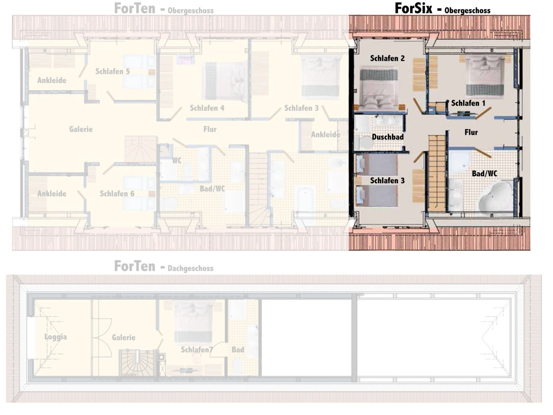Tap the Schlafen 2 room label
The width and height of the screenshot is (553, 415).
click(x=387, y=59)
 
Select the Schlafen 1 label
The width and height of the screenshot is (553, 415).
click(x=468, y=103)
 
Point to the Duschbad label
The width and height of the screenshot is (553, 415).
click(x=388, y=137)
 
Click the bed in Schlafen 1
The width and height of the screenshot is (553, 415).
click(x=485, y=75)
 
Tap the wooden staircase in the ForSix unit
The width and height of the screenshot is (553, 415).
click(x=437, y=173)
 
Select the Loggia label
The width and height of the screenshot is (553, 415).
click(x=56, y=337)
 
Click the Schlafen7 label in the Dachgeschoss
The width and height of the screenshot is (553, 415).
click(x=197, y=350)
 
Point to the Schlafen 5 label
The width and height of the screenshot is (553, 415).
click(x=113, y=71)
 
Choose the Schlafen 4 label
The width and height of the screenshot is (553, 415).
click(x=207, y=108)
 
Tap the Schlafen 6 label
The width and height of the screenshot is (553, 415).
click(x=117, y=194)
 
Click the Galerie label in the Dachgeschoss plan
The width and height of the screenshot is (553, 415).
click(x=124, y=337)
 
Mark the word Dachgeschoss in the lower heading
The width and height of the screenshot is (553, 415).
click(x=191, y=269)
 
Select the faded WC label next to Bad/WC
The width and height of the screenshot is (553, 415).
click(x=177, y=161)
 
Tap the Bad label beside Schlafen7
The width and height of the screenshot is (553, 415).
click(x=238, y=350)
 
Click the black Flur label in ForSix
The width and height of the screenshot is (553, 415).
click(x=471, y=132)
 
